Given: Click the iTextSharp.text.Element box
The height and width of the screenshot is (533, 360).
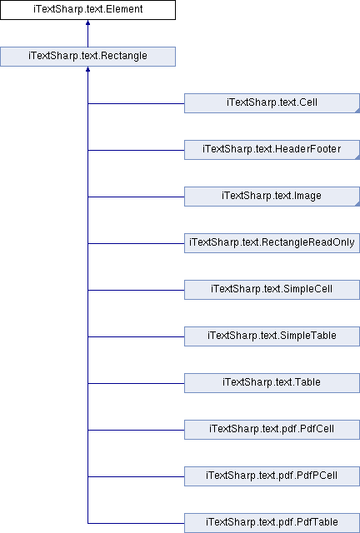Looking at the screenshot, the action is point(87,9).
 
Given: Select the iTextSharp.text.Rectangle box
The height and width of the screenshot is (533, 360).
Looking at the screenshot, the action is point(87,57).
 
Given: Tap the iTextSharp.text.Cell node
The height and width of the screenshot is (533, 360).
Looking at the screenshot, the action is point(272,103).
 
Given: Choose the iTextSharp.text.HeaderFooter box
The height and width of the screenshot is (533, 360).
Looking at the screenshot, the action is point(272,150).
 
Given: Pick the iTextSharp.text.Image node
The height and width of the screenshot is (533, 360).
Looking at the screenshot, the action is point(272,197).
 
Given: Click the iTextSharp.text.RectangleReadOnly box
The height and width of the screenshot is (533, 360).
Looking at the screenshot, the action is point(272,243).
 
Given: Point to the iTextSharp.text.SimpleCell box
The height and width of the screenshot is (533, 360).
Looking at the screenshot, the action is point(272,290).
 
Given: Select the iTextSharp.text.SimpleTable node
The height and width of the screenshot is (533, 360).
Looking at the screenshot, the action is point(272,336).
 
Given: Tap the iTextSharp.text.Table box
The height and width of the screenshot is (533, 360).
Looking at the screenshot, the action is point(272,383).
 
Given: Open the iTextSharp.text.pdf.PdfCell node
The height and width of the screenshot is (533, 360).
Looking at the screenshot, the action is point(272,430).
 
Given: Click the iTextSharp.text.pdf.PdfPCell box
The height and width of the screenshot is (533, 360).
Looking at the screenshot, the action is point(272,476).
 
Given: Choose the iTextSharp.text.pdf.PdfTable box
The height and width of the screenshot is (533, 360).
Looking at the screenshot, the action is point(272,523).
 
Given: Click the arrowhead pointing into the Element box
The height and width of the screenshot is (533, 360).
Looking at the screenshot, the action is point(87,22).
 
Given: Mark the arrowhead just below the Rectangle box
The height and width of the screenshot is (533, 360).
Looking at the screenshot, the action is point(87,69).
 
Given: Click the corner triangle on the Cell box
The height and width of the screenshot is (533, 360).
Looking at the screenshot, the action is point(357,111).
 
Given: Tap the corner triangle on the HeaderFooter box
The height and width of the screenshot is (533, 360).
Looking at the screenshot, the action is point(357,157).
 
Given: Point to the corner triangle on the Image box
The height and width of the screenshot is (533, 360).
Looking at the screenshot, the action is point(357,203).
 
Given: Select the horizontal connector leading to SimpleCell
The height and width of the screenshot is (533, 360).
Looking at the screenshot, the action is point(136,290).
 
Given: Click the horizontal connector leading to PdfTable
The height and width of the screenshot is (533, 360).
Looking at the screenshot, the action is point(136,523).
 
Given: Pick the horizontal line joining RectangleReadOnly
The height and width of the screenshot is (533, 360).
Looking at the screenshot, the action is point(136,243).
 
